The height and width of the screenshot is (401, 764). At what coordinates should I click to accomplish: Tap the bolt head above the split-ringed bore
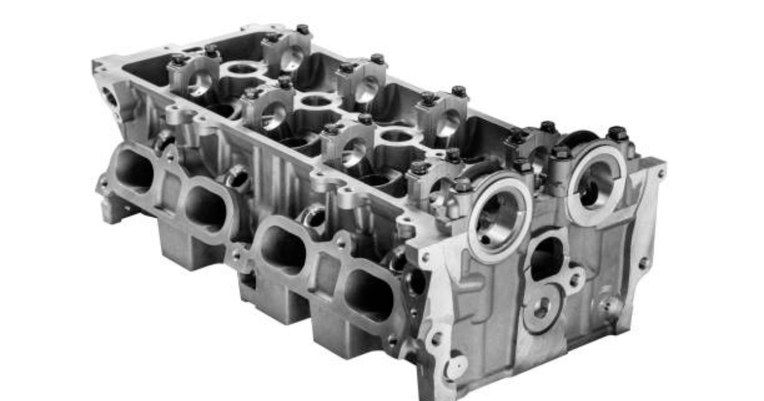(616, 134)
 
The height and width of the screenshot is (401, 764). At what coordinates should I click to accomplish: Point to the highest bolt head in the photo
(302, 29)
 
